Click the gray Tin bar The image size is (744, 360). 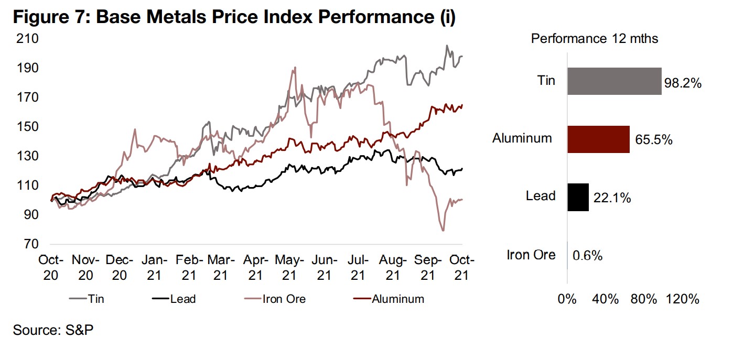tap(614, 81)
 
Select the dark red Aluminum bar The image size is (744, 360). tap(598, 139)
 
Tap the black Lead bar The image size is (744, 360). tap(578, 197)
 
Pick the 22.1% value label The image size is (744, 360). tap(612, 198)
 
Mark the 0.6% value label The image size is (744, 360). tap(587, 256)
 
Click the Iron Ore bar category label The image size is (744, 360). tap(531, 255)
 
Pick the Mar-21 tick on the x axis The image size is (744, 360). tap(221, 267)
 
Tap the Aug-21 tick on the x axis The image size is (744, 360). tap(392, 267)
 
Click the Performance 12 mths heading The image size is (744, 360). tap(595, 39)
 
